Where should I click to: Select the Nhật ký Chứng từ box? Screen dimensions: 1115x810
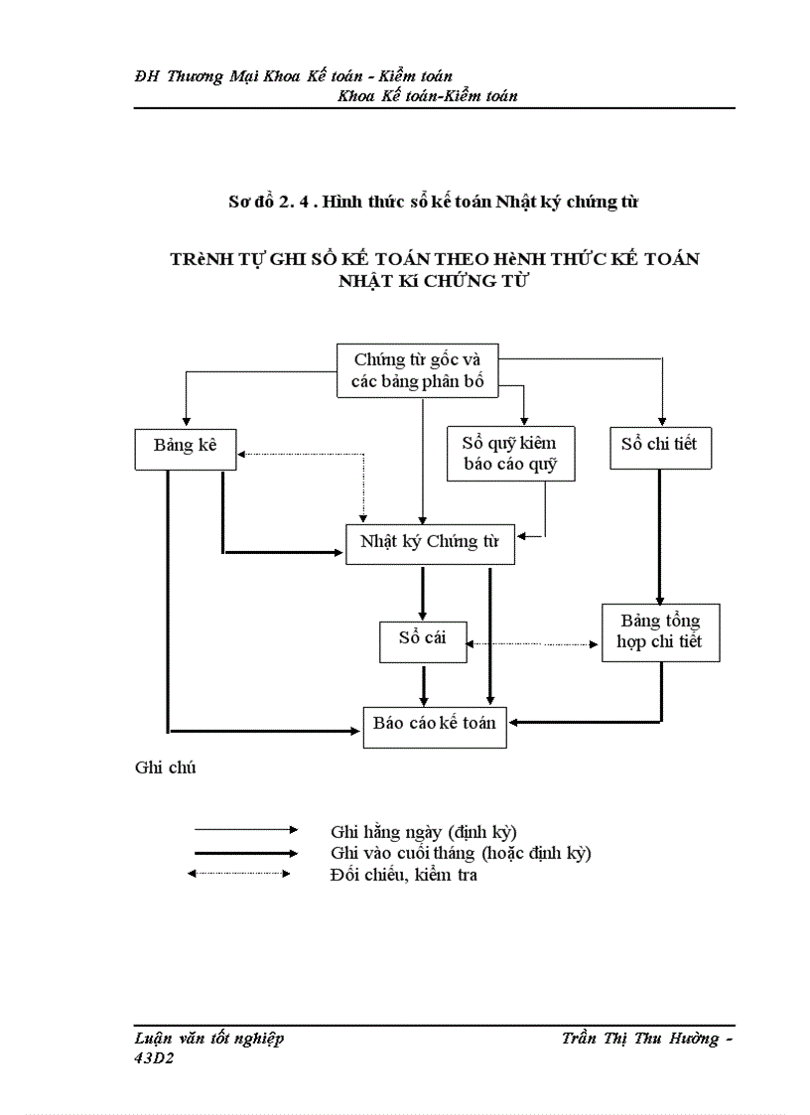tap(430, 544)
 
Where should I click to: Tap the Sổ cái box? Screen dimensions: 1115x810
tap(422, 640)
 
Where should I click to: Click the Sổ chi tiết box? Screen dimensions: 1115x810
tap(659, 447)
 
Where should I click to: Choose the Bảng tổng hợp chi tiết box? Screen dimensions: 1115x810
tap(659, 632)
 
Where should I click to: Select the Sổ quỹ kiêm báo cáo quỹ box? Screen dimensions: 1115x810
tap(510, 454)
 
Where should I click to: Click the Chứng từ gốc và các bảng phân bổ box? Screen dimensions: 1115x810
tap(416, 371)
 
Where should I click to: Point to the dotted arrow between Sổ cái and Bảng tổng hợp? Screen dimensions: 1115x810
tap(533, 643)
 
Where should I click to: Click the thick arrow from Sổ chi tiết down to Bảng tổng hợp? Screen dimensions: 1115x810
tap(660, 536)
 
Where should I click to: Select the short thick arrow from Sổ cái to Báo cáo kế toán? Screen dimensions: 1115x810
tap(424, 684)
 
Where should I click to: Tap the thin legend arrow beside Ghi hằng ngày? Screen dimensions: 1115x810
tap(245, 829)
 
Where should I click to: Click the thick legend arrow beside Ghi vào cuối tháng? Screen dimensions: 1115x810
tap(245, 853)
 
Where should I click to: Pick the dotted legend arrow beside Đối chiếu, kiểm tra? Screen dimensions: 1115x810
tap(239, 874)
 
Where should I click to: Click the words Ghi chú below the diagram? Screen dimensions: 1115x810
tap(164, 767)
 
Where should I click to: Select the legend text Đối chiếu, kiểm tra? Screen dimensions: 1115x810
tap(403, 875)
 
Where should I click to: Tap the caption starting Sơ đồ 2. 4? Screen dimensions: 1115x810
tap(433, 202)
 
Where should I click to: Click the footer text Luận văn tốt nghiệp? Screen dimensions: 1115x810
tap(208, 1039)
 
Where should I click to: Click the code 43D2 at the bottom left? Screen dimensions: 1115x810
tap(153, 1058)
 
